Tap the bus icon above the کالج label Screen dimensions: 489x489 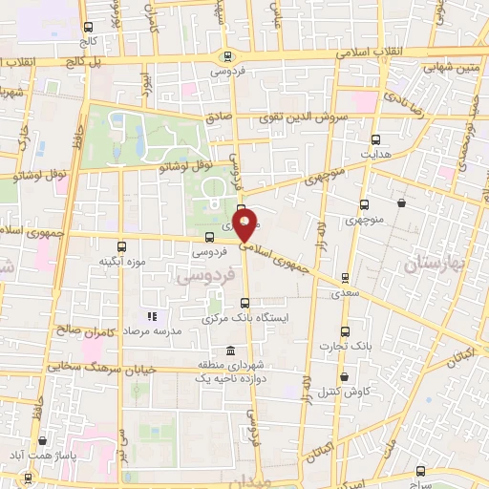point(89,28)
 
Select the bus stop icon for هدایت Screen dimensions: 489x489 point(374,139)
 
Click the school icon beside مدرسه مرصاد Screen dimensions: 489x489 point(150,316)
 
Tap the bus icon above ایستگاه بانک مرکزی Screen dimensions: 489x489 point(244,303)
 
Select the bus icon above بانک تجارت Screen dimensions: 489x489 point(346,332)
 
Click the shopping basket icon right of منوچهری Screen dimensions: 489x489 point(401,202)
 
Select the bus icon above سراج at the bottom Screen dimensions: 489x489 point(421,470)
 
